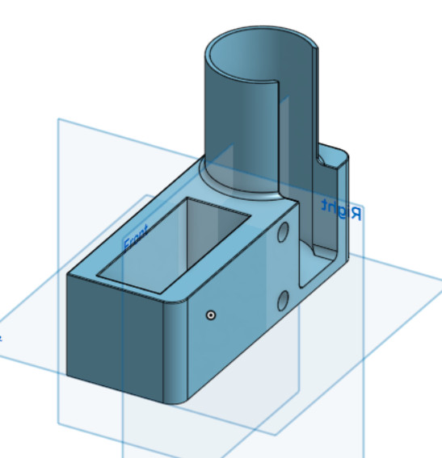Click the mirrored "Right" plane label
(x=340, y=210)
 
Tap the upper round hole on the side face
(x=284, y=234)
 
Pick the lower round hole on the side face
(x=284, y=302)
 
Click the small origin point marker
(x=210, y=315)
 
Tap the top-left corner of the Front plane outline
(x=58, y=120)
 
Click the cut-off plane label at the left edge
(x=2, y=337)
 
